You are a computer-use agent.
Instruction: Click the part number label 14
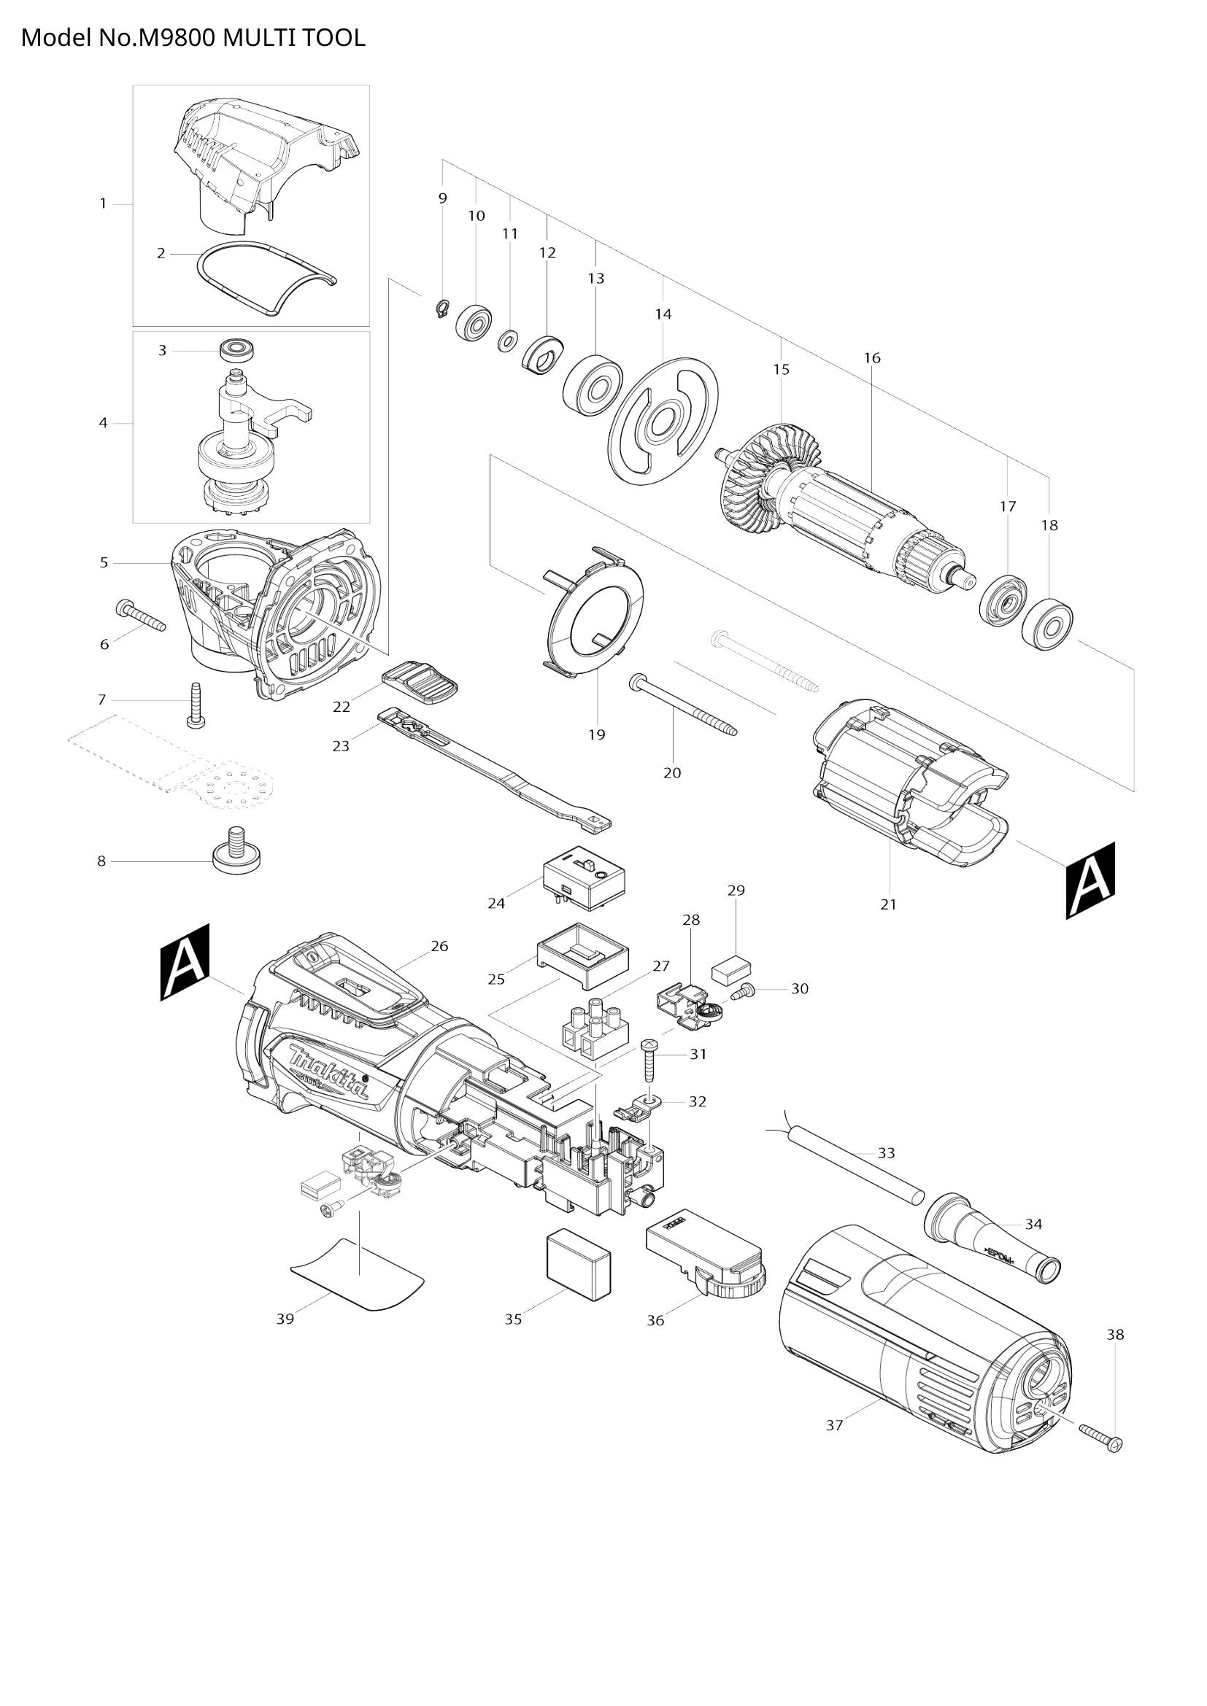click(663, 314)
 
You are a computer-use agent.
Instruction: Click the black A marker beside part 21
click(1090, 880)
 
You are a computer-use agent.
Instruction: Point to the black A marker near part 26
click(185, 962)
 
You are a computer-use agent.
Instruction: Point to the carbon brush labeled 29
click(732, 969)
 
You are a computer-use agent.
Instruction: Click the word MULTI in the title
click(260, 38)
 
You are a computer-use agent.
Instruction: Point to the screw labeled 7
click(196, 705)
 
